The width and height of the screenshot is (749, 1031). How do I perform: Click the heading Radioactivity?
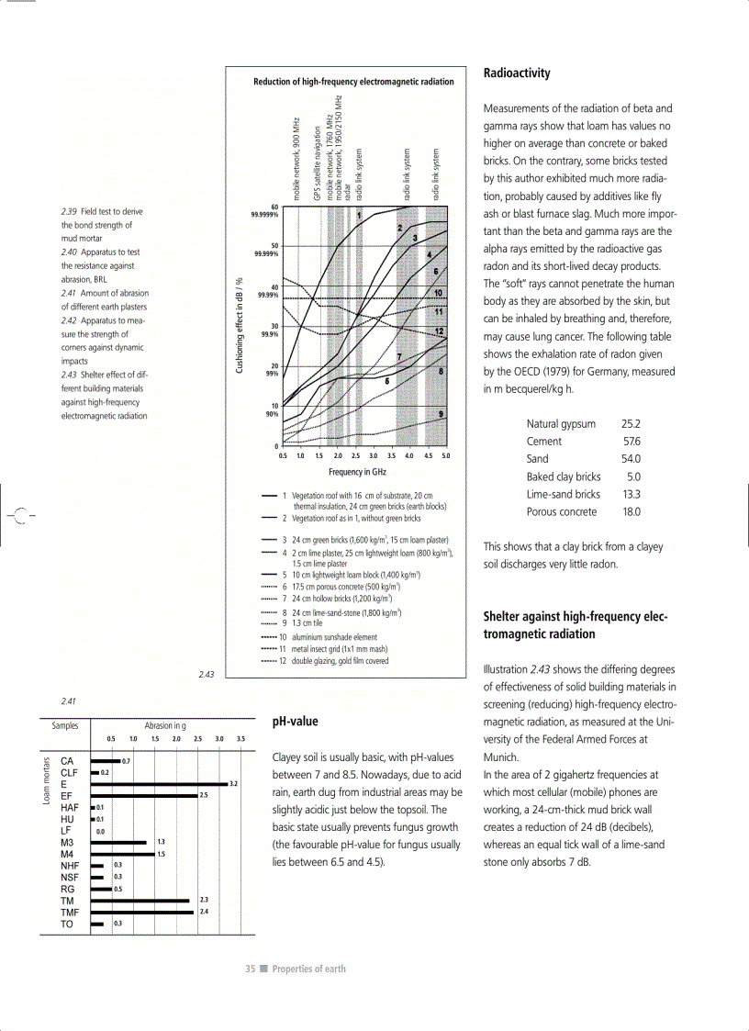(x=517, y=73)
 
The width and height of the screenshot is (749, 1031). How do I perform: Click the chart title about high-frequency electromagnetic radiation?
(x=353, y=82)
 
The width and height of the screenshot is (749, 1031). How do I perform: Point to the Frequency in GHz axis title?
(x=357, y=472)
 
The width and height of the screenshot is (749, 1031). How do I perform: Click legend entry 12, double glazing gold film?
(x=339, y=660)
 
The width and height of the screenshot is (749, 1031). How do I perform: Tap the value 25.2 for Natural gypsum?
(x=630, y=424)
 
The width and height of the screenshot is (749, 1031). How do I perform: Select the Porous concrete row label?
(x=561, y=511)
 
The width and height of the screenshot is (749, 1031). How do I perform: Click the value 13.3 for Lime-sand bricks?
(x=631, y=494)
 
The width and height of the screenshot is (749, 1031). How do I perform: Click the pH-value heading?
(x=296, y=722)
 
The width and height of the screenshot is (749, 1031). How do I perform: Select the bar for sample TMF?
(x=142, y=912)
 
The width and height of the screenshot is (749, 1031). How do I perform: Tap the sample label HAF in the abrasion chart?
(x=69, y=806)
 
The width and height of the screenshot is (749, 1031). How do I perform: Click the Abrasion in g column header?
(x=165, y=725)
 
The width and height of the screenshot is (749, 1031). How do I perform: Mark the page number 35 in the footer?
(x=249, y=969)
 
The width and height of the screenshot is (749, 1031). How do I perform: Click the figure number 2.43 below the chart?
(x=207, y=675)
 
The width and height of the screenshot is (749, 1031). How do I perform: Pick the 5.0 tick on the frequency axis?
(x=445, y=455)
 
